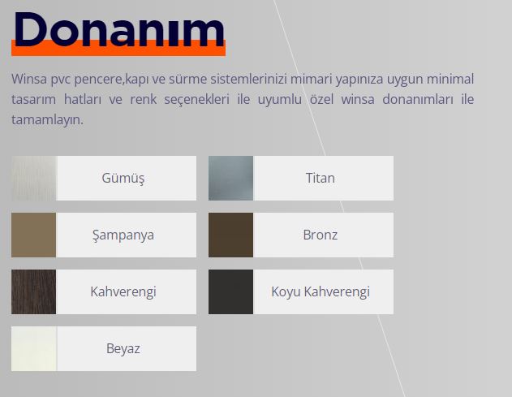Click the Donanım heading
(x=119, y=30)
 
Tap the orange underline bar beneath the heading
(x=118, y=51)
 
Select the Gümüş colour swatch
(x=33, y=178)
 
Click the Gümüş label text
(x=123, y=179)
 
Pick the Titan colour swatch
(x=231, y=178)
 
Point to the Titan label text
(x=321, y=178)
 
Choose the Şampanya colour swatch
(x=33, y=235)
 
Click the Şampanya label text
(x=123, y=235)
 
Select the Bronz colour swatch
(x=231, y=235)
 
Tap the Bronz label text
(x=321, y=235)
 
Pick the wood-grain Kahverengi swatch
(x=33, y=291)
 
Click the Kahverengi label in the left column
(x=123, y=291)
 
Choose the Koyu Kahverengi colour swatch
(x=231, y=291)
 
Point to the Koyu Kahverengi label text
(x=321, y=291)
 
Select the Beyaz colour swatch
(x=33, y=348)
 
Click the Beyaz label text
(x=123, y=348)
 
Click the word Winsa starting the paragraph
(x=29, y=79)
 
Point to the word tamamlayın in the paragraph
(x=47, y=120)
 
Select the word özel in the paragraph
(x=321, y=99)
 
